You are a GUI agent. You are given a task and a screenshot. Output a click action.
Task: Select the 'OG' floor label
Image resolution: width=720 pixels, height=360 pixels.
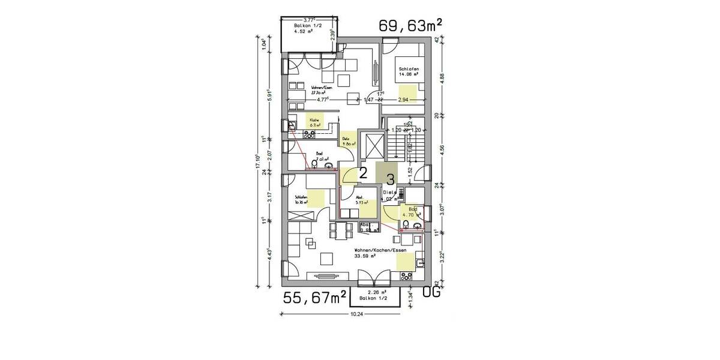tap(432, 293)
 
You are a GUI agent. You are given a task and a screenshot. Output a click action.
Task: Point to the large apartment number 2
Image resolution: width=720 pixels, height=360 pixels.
tap(362, 174)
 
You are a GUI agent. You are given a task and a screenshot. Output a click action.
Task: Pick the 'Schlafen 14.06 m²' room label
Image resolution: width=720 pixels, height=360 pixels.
tap(408, 73)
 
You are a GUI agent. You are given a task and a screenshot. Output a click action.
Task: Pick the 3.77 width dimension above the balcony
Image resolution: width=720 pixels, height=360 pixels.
tap(311, 20)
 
